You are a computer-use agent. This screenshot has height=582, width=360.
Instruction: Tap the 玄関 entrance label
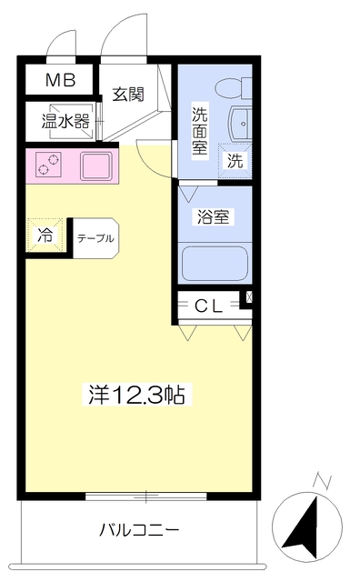point(128,95)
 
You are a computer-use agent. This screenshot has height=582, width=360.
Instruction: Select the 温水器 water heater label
point(64,118)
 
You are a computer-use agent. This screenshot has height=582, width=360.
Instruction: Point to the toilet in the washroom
point(232,89)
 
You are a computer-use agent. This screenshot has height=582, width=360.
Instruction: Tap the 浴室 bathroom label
point(214,217)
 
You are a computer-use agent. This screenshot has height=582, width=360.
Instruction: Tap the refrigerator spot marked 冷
point(45,235)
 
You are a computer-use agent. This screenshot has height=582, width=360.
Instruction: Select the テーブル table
point(95,238)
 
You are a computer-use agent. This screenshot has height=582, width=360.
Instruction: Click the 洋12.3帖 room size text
point(136,395)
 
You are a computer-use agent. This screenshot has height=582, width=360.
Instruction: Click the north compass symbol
point(306,526)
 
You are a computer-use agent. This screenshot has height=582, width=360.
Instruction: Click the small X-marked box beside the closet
point(248,296)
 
